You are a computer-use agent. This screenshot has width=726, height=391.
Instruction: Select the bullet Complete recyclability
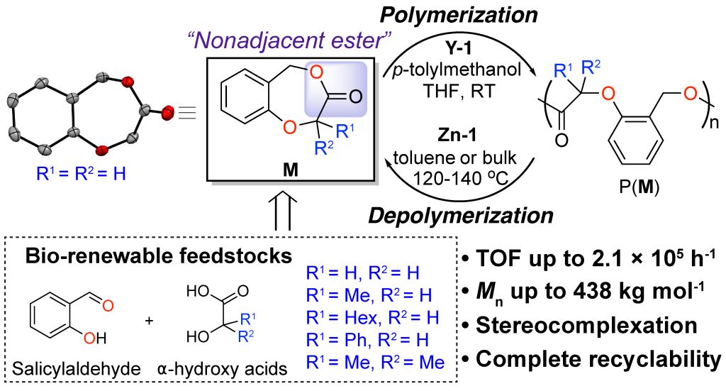[x=592, y=359]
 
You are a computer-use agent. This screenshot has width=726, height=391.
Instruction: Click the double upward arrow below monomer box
[x=284, y=211]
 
